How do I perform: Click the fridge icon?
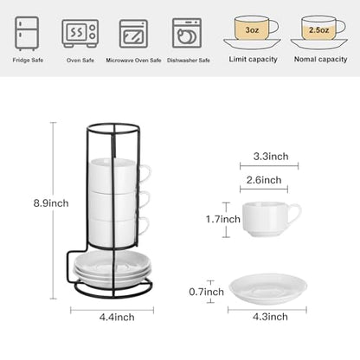[27, 34]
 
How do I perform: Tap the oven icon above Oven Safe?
[80, 34]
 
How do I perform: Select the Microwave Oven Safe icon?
[133, 34]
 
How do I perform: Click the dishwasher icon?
[187, 33]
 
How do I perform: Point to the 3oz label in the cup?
[252, 29]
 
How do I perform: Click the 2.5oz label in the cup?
[318, 29]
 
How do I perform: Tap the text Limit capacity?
[253, 60]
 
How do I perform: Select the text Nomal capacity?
[320, 60]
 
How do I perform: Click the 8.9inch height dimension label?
[51, 203]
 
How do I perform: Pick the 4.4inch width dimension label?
[117, 317]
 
